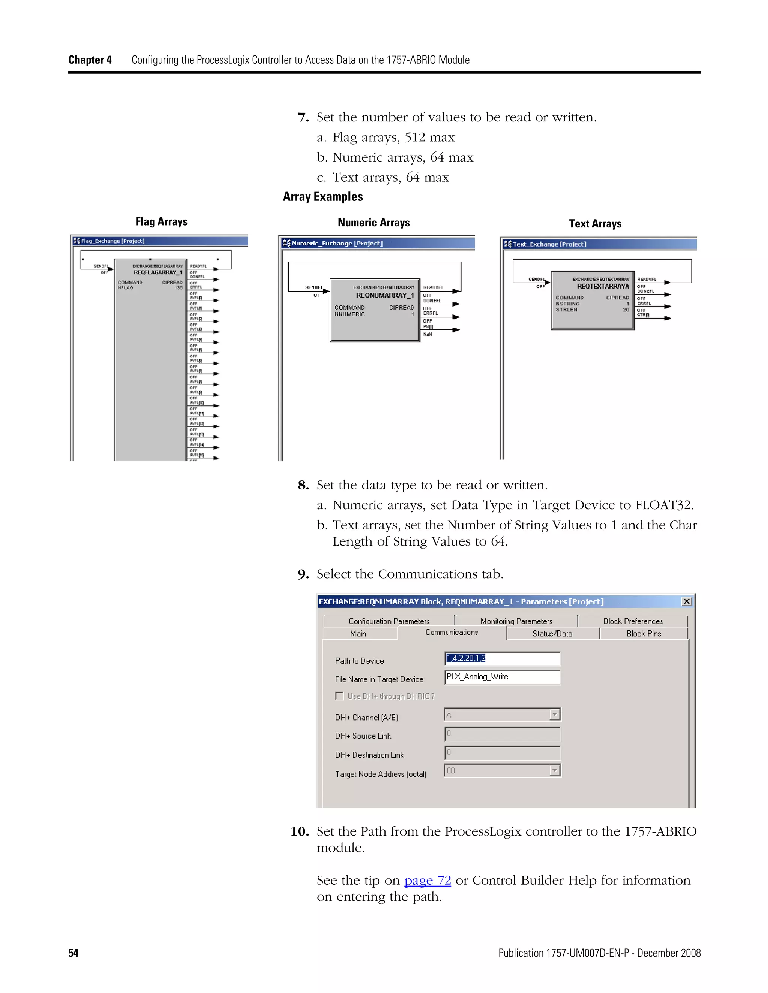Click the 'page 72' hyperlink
pyautogui.click(x=427, y=880)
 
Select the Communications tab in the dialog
pyautogui.click(x=451, y=633)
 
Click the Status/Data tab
pyautogui.click(x=552, y=634)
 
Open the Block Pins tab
pyautogui.click(x=643, y=634)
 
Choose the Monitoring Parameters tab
pyautogui.click(x=516, y=621)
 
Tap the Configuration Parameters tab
pyautogui.click(x=389, y=621)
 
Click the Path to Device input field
pyautogui.click(x=502, y=658)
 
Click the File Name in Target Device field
pyautogui.click(x=502, y=677)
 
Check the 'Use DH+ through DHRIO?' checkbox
pyautogui.click(x=339, y=696)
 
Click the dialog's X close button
pyautogui.click(x=687, y=601)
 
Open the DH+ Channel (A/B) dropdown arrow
pyautogui.click(x=554, y=715)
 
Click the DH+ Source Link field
pyautogui.click(x=502, y=734)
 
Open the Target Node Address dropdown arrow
pyautogui.click(x=554, y=771)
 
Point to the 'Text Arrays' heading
pyautogui.click(x=595, y=224)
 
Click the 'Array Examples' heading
pyautogui.click(x=322, y=197)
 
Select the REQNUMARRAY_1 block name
pyautogui.click(x=385, y=296)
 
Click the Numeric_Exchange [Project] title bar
pyautogui.click(x=378, y=243)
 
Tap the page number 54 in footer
pyautogui.click(x=73, y=953)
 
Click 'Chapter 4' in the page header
pyautogui.click(x=90, y=60)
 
